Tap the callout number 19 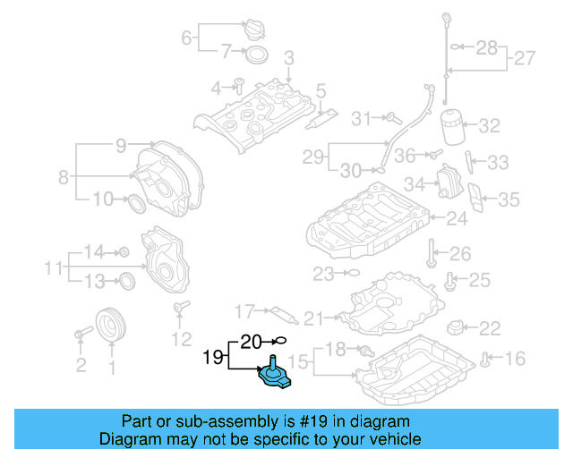pyautogui.click(x=211, y=359)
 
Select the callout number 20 pyautogui.click(x=252, y=340)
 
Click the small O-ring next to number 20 pyautogui.click(x=280, y=340)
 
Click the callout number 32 pyautogui.click(x=489, y=126)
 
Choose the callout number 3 pyautogui.click(x=288, y=58)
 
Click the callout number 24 pyautogui.click(x=458, y=217)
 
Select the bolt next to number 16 pyautogui.click(x=485, y=360)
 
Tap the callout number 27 pyautogui.click(x=524, y=60)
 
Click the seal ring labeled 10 pyautogui.click(x=135, y=201)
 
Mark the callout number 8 pyautogui.click(x=64, y=177)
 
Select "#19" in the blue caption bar pyautogui.click(x=321, y=420)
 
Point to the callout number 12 pyautogui.click(x=182, y=339)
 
